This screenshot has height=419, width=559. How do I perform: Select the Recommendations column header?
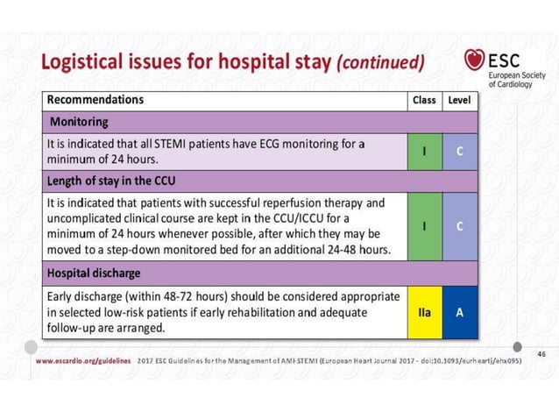(x=96, y=100)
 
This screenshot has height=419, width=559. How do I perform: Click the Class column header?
(x=424, y=100)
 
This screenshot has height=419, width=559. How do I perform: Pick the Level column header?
(x=459, y=100)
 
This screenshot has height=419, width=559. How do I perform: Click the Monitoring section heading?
(x=80, y=121)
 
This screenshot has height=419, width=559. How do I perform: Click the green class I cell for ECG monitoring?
(x=424, y=151)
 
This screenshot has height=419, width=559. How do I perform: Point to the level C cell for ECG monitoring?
(x=459, y=151)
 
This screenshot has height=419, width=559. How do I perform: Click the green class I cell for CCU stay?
(x=424, y=226)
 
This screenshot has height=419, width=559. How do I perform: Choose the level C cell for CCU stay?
(x=459, y=226)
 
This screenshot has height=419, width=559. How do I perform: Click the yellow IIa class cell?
(x=424, y=311)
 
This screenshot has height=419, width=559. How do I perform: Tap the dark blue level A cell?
(x=459, y=311)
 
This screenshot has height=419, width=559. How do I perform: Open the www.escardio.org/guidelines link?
(x=83, y=360)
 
